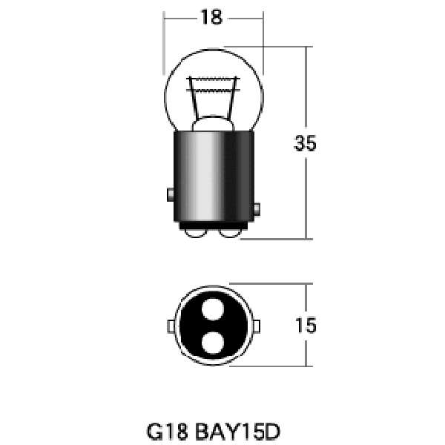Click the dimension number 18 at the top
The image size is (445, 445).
click(x=211, y=17)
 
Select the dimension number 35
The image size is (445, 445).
click(x=305, y=143)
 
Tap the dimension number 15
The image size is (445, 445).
click(x=306, y=326)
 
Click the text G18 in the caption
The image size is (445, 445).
click(x=168, y=432)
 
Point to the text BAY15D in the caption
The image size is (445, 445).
click(x=238, y=432)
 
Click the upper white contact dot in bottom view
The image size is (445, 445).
click(x=213, y=309)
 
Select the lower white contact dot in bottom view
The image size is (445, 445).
click(x=213, y=343)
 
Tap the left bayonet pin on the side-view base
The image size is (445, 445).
click(x=171, y=194)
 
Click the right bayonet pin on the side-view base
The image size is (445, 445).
click(x=257, y=209)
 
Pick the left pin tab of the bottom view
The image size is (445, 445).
click(x=171, y=326)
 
